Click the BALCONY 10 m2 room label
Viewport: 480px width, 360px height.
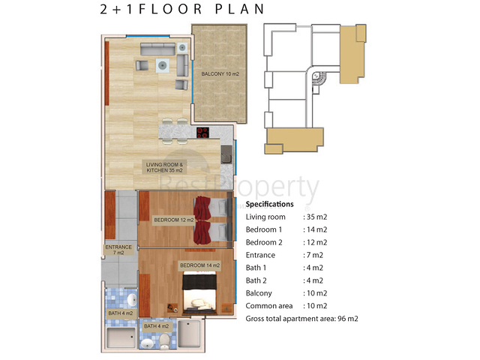pos(220,73)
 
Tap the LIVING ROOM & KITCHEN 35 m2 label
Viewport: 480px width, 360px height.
pos(164,167)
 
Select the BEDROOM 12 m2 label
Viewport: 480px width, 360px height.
pos(174,220)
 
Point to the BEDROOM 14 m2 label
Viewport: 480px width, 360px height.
pos(199,265)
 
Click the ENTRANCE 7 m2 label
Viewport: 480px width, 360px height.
pos(118,250)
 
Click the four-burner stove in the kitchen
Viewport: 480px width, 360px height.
pos(202,133)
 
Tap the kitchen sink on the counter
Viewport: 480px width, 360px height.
pos(226,154)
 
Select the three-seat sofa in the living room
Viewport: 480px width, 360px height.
pos(158,49)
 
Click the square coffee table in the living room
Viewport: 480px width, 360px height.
pos(162,65)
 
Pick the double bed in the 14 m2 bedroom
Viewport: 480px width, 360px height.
pos(200,295)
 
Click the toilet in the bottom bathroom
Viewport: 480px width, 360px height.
pos(165,341)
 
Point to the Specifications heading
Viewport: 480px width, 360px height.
pos(270,204)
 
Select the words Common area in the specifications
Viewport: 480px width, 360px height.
pos(269,306)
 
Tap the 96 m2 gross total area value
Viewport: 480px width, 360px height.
pos(348,319)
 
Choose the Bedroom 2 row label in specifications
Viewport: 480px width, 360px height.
pos(264,242)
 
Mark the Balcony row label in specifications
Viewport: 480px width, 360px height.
pos(259,293)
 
